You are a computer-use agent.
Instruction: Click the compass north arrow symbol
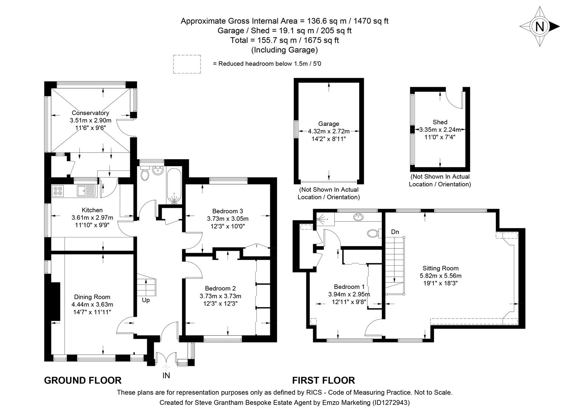point(539,27)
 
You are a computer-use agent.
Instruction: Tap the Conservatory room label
point(90,113)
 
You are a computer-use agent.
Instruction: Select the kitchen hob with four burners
point(59,190)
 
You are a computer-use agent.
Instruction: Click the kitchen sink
point(86,190)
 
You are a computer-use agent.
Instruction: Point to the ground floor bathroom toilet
point(145,174)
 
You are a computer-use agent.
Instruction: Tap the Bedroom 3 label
point(228,211)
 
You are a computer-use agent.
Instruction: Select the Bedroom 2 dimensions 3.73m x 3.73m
point(220,296)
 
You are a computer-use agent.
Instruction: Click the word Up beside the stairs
point(146,300)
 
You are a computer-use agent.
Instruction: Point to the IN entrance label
point(166,376)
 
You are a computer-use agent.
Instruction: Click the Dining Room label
point(92,297)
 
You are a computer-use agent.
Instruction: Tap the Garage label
point(328,124)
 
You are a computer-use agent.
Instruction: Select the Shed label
point(440,122)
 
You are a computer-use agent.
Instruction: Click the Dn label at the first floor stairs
point(395,232)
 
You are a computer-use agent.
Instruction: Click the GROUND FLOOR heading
point(83,380)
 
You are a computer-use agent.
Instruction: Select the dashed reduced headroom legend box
point(187,64)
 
